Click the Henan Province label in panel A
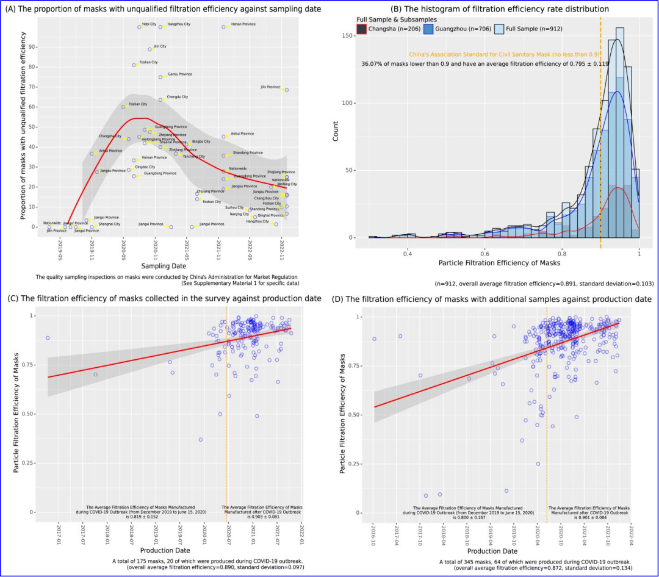coord(243,24)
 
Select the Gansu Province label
coord(179,74)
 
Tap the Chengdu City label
coord(177,97)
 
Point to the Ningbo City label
coord(201,142)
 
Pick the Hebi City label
coord(149,24)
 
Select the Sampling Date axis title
coord(164,267)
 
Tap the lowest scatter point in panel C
coord(200,440)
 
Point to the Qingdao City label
coord(145,167)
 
